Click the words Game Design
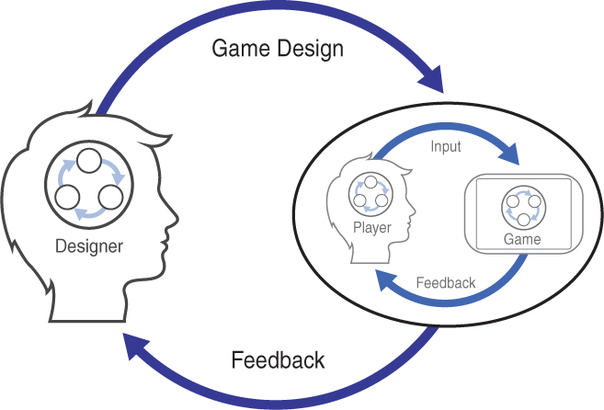tap(277, 48)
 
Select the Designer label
tap(89, 245)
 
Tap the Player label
tap(372, 228)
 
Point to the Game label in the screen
tap(521, 239)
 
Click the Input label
tap(445, 147)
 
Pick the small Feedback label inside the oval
tap(446, 282)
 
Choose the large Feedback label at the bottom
tap(278, 359)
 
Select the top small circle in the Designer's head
tap(87, 162)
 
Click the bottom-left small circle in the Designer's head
tap(67, 196)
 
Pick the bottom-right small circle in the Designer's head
tap(109, 196)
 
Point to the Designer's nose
tap(172, 221)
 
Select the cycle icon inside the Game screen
tap(521, 208)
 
